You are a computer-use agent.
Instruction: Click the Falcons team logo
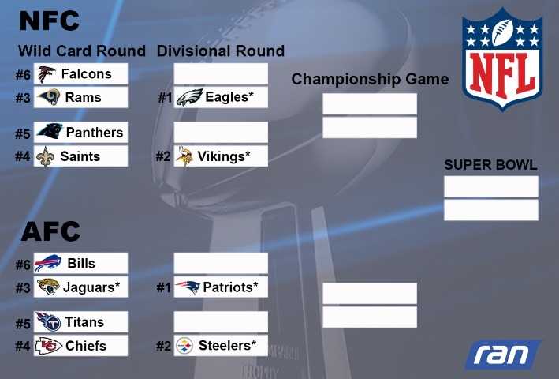47,74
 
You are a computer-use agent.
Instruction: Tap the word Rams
83,97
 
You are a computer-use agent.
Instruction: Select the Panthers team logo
50,131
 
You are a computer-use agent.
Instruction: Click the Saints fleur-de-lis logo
46,156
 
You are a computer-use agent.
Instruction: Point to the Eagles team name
229,96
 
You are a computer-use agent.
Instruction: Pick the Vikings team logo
185,156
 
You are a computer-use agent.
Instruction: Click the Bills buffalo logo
48,264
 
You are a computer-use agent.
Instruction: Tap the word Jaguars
91,287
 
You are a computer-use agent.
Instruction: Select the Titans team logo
48,321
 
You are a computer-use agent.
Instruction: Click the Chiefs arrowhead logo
48,346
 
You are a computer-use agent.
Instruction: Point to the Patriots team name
230,287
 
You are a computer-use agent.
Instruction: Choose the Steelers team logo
184,346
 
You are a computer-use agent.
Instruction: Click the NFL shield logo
502,59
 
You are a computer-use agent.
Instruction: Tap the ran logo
503,355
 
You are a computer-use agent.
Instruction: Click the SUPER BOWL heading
490,165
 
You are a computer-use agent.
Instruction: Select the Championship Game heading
370,79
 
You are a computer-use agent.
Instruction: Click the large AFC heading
50,231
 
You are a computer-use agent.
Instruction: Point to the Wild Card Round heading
82,51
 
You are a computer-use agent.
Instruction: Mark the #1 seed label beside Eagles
165,97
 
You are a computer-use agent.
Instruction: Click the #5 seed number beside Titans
23,324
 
